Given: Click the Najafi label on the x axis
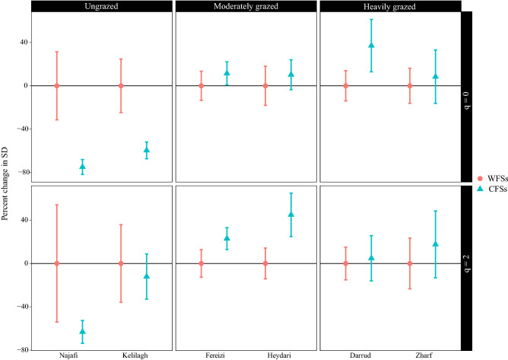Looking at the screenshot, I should coord(56,355).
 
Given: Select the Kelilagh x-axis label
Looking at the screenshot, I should coord(121,355).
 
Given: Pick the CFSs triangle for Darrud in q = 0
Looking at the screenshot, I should coord(372,46).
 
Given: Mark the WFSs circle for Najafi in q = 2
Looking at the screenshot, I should coord(56,263).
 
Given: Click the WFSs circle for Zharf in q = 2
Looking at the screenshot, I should coord(411,263).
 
